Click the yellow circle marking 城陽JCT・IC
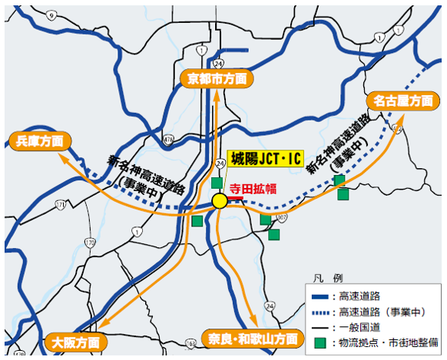220,201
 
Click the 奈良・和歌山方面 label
252,338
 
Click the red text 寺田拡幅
251,186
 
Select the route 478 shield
168,139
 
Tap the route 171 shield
61,205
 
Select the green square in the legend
318,343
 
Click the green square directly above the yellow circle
217,183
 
